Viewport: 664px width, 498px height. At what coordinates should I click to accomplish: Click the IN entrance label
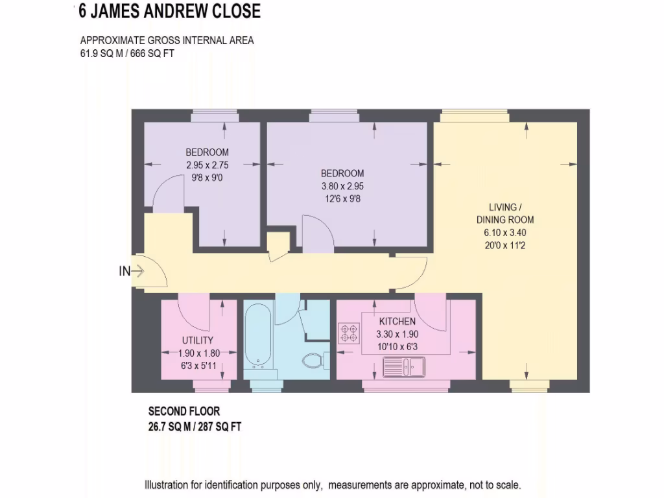coord(124,272)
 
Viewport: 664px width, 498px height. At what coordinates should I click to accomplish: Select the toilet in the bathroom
coord(314,360)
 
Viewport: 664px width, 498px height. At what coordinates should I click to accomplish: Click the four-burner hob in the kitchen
coord(348,333)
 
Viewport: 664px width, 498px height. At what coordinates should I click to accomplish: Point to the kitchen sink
coord(403,368)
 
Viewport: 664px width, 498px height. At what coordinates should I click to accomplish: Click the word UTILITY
coord(198,340)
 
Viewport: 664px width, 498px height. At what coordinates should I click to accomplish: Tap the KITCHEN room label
coord(397,322)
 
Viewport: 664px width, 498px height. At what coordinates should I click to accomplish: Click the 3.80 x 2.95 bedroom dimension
coord(342,186)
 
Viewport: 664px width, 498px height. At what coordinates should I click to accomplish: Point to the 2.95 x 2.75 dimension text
coord(207,165)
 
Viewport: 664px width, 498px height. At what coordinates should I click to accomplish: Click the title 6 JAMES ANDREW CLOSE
coord(169,11)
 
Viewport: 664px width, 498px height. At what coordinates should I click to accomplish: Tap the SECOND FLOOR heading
coord(184,411)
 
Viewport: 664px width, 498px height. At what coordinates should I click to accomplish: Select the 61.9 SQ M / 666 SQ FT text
coord(127,54)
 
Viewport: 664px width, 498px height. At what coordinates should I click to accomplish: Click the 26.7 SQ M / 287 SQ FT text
coord(195,426)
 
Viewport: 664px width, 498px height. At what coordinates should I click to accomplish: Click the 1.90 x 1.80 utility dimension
coord(199,353)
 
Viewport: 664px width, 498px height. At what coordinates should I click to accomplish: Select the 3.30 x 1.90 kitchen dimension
coord(397,335)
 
